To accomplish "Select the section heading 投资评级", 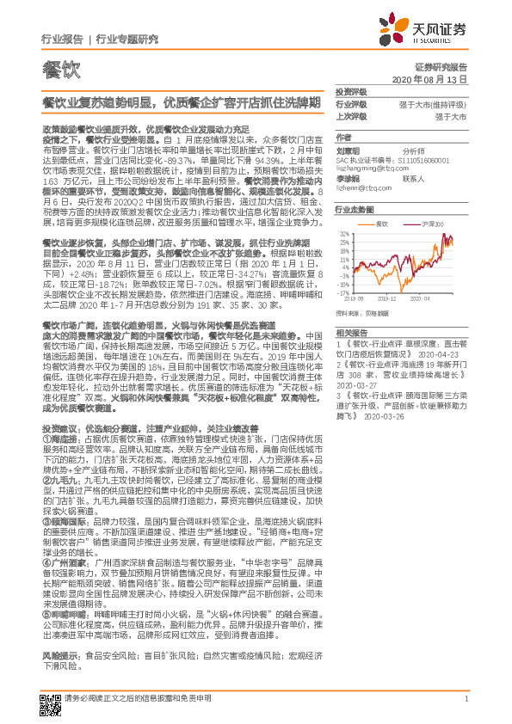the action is point(351,91).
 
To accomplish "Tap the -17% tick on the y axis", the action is point(343,291).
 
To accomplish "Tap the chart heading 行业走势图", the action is point(355,209).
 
